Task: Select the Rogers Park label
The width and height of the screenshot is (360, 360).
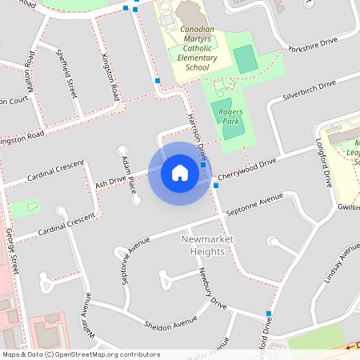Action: coord(230,118)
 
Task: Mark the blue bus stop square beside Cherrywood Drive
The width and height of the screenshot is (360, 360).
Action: coord(216,186)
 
